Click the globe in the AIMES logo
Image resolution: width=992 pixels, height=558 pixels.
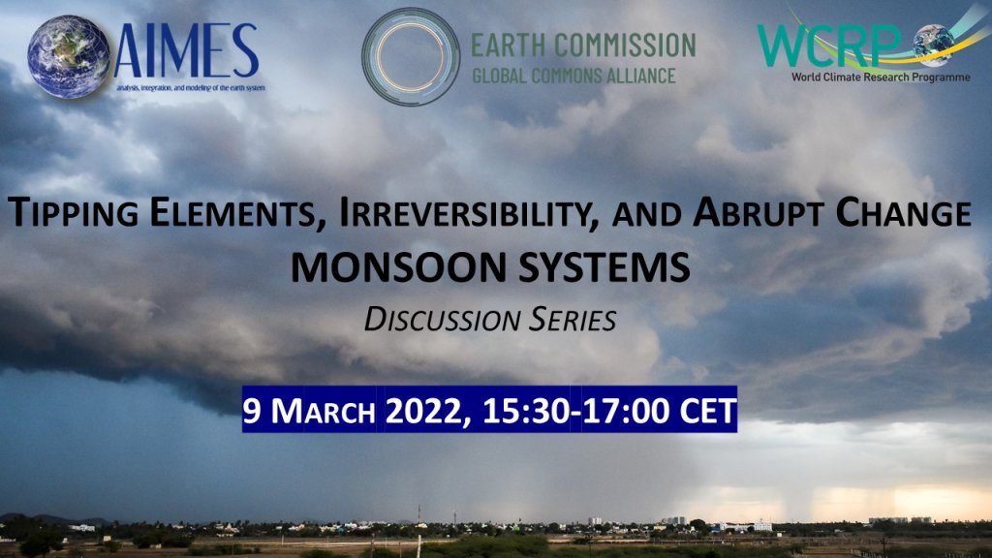tap(69, 56)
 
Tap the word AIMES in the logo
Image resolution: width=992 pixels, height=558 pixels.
tap(187, 51)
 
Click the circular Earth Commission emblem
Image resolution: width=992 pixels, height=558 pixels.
tap(411, 56)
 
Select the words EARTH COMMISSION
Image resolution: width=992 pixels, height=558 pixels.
tap(583, 46)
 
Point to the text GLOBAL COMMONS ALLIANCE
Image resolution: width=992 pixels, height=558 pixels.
tap(573, 76)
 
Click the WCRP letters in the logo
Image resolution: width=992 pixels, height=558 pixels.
tap(829, 46)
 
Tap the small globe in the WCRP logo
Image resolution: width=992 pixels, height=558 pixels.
tap(934, 45)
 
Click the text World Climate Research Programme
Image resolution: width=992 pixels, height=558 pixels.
tap(881, 77)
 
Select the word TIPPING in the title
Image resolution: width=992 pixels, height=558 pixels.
tap(73, 213)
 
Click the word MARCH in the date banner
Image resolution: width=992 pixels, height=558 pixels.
tap(324, 411)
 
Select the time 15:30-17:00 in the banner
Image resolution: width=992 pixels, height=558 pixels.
tap(575, 410)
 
